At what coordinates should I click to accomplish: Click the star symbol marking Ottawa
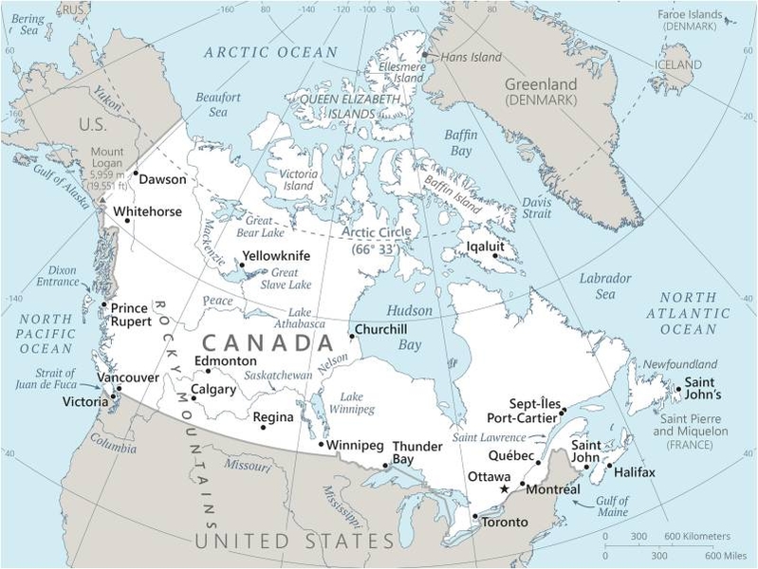[505, 488]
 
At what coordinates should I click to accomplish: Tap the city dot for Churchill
[351, 335]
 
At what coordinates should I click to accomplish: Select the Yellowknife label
[276, 255]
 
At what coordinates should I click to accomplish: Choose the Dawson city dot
[136, 174]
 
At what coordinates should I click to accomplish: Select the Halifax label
[634, 472]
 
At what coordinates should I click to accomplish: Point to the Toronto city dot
[474, 516]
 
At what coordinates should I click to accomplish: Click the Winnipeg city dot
[322, 444]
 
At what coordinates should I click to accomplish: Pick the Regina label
[273, 416]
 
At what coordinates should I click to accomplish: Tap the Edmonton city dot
[208, 371]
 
